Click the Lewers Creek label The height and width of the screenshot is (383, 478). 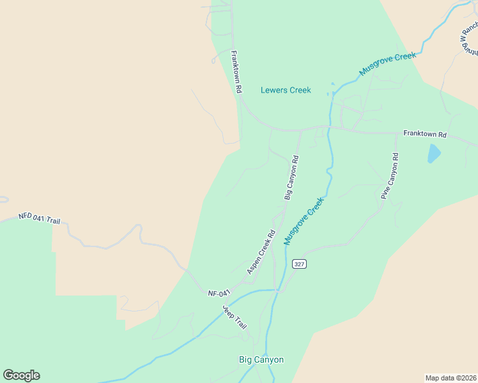(x=286, y=90)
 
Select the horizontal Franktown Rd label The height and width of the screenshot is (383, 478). (x=424, y=135)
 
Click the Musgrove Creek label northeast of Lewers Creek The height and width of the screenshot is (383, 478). (x=387, y=64)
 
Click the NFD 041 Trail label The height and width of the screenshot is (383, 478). (x=39, y=218)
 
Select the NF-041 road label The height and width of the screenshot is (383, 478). (x=219, y=294)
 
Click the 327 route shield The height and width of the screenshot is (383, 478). (x=298, y=264)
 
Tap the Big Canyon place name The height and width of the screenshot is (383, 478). (x=261, y=360)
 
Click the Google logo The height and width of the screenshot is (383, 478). (x=21, y=375)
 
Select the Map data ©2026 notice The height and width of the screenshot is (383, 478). (x=451, y=378)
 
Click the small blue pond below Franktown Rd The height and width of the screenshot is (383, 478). (x=434, y=153)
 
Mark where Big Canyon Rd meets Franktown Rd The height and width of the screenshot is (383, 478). (x=301, y=130)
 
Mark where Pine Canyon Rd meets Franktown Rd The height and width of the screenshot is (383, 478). (x=397, y=133)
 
